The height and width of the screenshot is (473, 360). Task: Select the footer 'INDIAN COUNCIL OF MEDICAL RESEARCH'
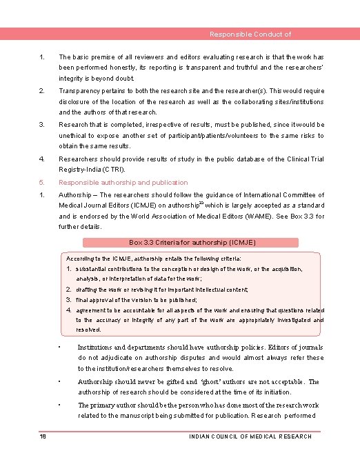click(x=250, y=436)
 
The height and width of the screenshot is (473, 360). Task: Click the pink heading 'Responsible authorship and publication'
click(x=123, y=183)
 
